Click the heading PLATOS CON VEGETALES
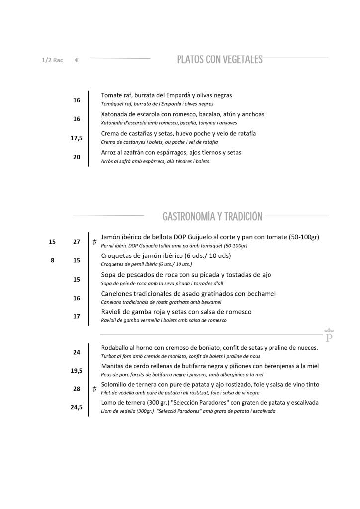click(x=219, y=60)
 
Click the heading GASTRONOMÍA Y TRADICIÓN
click(x=212, y=217)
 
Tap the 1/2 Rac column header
click(x=52, y=60)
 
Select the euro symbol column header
click(x=77, y=60)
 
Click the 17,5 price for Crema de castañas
click(x=77, y=138)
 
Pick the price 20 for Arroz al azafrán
click(x=77, y=157)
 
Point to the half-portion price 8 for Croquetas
click(x=52, y=260)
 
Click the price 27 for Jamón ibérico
click(x=77, y=242)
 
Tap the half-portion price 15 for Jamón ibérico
click(x=52, y=242)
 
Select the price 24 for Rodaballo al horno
click(x=77, y=352)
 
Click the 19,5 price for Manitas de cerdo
click(x=77, y=371)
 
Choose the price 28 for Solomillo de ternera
click(x=77, y=389)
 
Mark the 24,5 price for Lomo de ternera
click(x=77, y=407)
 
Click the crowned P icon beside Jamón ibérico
click(x=94, y=242)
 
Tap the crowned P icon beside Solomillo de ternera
click(x=94, y=389)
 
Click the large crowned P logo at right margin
click(x=329, y=336)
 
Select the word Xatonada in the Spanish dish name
click(x=114, y=114)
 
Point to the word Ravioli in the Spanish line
click(x=111, y=312)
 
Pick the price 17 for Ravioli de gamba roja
click(x=77, y=316)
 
